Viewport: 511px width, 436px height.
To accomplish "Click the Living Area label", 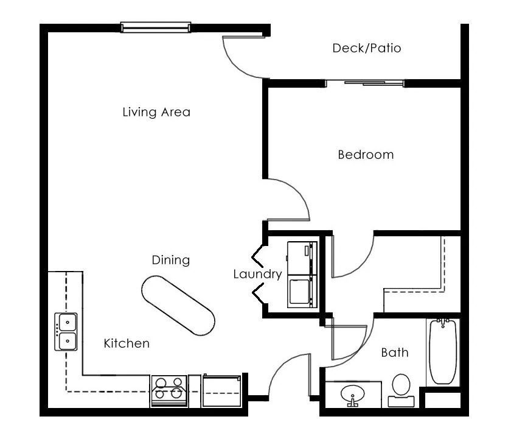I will pos(156,112).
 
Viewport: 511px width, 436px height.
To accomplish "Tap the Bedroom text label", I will pos(366,155).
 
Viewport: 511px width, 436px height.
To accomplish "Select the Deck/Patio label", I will pos(366,48).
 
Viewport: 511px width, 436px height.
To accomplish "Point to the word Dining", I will pos(170,260).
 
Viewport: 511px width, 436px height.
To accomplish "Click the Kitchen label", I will pos(126,343).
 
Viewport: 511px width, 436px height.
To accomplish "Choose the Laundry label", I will pos(257,274).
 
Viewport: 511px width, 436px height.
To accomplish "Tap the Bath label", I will pos(394,352).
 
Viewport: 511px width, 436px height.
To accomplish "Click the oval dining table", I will pos(178,306).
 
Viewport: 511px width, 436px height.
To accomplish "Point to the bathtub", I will pos(443,351).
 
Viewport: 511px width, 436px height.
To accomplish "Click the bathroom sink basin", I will pos(352,395).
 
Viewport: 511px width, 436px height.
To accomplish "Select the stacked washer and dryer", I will pos(302,273).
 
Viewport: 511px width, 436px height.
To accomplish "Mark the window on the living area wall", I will pos(155,27).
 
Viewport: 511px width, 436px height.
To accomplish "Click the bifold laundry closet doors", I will pos(257,274).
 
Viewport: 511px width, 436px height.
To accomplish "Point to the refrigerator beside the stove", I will pos(223,390).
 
